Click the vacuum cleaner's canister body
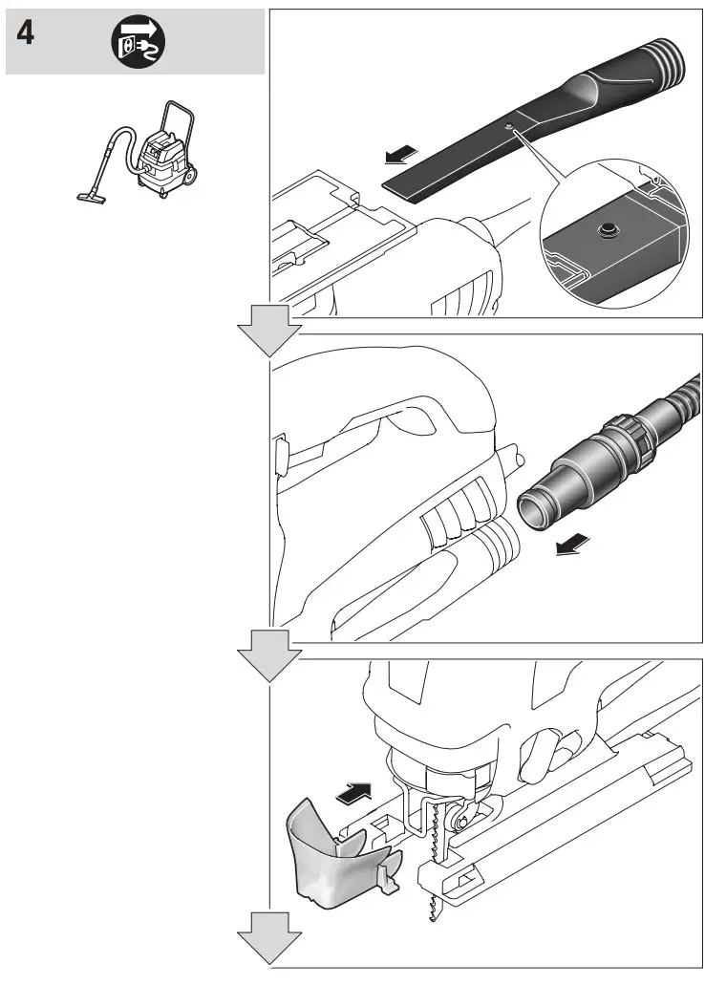pos(157,162)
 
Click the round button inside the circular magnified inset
pos(605,230)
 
